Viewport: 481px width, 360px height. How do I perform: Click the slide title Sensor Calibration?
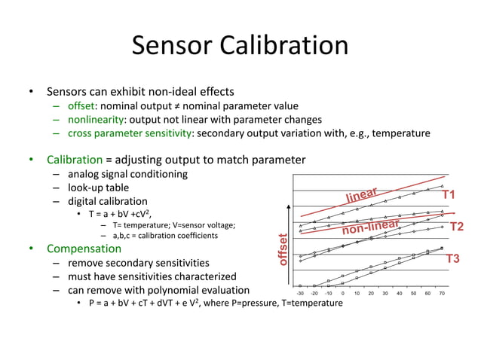pos(240,46)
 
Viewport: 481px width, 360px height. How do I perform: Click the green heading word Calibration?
pos(74,160)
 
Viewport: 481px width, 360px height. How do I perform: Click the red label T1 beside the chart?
pos(449,195)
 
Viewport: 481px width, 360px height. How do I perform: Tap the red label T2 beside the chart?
pos(456,227)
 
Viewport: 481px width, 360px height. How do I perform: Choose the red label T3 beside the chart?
pos(452,259)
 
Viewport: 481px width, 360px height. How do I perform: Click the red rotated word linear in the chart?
pos(361,194)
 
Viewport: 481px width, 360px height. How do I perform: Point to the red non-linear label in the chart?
pos(369,226)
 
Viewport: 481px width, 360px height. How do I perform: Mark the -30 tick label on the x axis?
pos(301,294)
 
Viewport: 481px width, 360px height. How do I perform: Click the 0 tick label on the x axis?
pos(343,294)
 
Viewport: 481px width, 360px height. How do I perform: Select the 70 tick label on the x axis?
pos(442,294)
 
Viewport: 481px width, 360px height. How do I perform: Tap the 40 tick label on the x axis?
pos(400,294)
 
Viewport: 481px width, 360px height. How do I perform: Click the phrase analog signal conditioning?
pos(127,174)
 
